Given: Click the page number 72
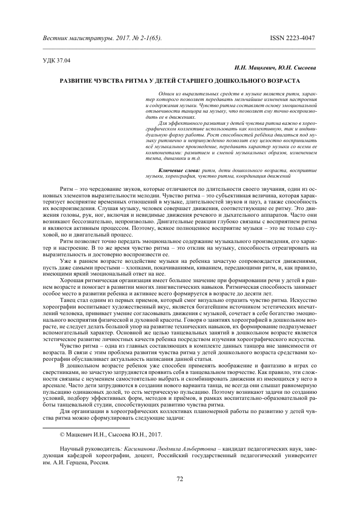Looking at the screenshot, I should pos(180,479).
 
